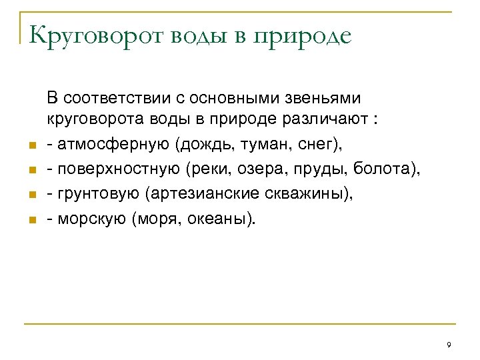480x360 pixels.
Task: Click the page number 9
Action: pyautogui.click(x=449, y=345)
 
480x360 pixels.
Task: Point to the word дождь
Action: pyautogui.click(x=201, y=145)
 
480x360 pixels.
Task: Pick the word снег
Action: pyautogui.click(x=307, y=145)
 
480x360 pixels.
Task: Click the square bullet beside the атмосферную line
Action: pyautogui.click(x=30, y=147)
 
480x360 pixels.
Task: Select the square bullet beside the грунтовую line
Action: pyautogui.click(x=30, y=196)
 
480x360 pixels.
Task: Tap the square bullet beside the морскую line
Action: pyautogui.click(x=30, y=221)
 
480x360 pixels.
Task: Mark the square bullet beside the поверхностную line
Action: pyautogui.click(x=30, y=171)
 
